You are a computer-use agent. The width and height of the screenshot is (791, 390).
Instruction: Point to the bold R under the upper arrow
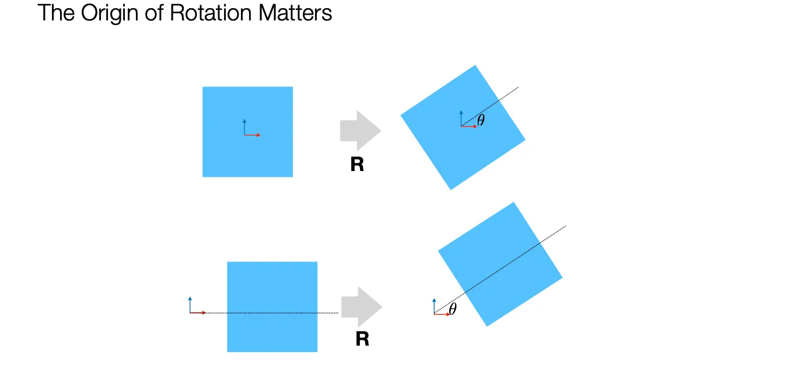(x=357, y=165)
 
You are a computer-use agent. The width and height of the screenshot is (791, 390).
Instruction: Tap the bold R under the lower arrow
(x=362, y=339)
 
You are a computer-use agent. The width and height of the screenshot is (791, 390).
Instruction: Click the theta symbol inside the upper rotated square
(x=481, y=121)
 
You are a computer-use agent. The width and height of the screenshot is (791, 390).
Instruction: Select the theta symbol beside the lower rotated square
(x=452, y=309)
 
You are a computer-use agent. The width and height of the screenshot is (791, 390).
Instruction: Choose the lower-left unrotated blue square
(x=272, y=333)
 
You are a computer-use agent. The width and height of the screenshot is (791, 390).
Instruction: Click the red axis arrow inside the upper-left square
(x=253, y=135)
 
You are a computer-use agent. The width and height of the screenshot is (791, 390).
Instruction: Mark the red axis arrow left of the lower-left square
(x=199, y=313)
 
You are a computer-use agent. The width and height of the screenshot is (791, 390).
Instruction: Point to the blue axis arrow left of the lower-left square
(x=190, y=304)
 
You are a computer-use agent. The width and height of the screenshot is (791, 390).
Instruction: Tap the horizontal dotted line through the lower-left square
(x=280, y=313)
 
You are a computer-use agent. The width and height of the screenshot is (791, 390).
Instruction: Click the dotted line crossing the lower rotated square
(x=502, y=268)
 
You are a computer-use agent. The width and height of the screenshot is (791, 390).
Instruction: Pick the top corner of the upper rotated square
(x=476, y=65)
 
